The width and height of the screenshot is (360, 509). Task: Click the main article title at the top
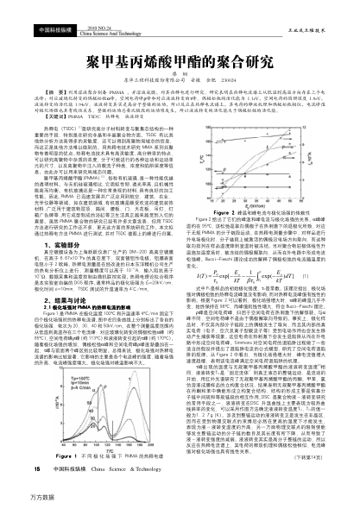point(180,39)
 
